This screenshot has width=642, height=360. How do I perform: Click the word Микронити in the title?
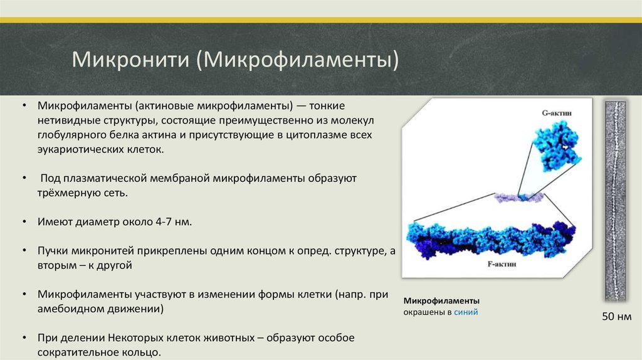point(130,59)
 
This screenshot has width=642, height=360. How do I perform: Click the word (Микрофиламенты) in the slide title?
point(297,60)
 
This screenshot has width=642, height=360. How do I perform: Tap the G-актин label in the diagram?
point(557,113)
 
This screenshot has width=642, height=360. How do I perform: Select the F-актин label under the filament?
point(502,264)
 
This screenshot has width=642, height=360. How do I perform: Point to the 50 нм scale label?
point(617,317)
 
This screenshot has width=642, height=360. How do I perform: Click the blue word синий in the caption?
point(466,312)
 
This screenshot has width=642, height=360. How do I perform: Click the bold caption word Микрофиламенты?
point(441,300)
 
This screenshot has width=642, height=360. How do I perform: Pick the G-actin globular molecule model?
point(557,147)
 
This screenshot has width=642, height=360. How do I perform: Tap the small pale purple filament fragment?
point(518,198)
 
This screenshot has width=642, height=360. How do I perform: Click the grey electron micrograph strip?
point(616,201)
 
